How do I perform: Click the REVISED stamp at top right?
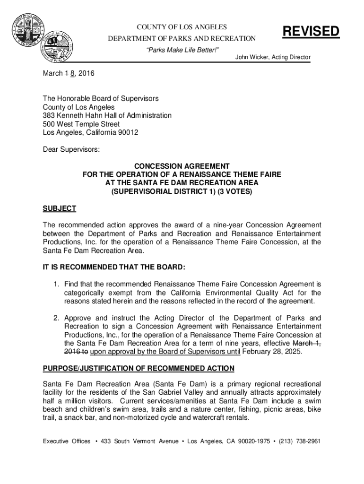pos(311,32)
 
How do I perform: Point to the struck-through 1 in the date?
pos(65,74)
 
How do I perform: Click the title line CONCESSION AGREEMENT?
pos(182,166)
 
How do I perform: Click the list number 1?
pos(55,284)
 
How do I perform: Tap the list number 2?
pos(55,318)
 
